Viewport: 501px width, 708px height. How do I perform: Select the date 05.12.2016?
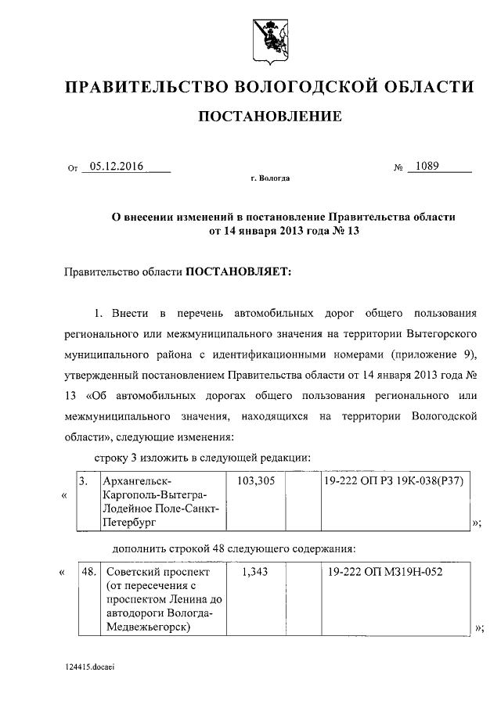click(116, 166)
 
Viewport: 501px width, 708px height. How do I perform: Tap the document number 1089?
click(428, 166)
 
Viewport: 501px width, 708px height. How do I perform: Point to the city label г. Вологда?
click(270, 179)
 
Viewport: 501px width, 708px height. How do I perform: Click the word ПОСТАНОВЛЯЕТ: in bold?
click(239, 271)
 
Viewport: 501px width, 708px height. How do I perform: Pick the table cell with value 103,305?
click(255, 482)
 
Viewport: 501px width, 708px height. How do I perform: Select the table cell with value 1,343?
click(255, 573)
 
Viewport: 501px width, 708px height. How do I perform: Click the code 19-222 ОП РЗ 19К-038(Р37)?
click(394, 482)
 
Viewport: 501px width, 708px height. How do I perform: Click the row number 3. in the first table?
click(84, 482)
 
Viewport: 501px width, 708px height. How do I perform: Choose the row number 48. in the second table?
click(88, 573)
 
